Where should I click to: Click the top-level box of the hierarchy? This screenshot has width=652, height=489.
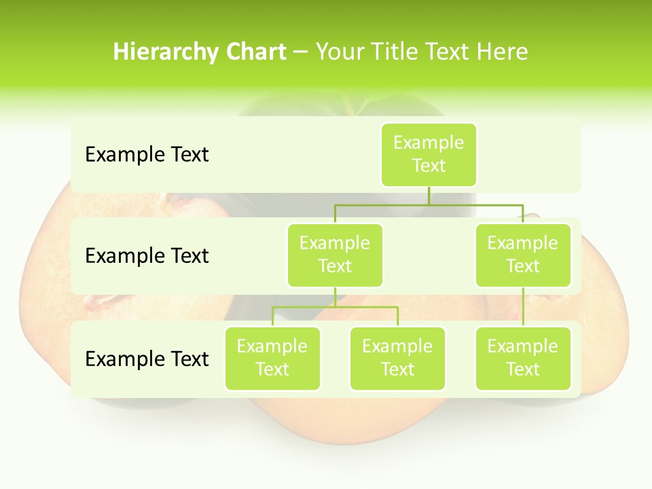[x=429, y=155]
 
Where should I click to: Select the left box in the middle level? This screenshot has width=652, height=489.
[x=335, y=255]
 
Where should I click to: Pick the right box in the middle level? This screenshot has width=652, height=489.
[x=523, y=255]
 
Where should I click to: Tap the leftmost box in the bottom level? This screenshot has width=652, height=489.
[x=272, y=359]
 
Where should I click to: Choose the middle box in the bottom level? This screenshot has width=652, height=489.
[x=397, y=359]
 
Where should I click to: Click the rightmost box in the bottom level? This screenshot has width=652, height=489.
[x=523, y=359]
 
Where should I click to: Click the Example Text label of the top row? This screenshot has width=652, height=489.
[x=147, y=155]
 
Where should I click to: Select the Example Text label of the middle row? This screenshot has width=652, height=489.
[x=147, y=256]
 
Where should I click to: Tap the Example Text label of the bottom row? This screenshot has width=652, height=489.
[x=147, y=359]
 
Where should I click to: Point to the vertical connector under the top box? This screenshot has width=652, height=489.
[x=429, y=196]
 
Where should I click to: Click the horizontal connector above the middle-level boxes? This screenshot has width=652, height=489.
[x=428, y=204]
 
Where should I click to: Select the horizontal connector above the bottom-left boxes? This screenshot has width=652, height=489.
[x=335, y=307]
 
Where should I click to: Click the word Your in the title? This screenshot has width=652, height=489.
[x=340, y=52]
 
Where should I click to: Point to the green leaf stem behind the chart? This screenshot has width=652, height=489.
[x=353, y=105]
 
